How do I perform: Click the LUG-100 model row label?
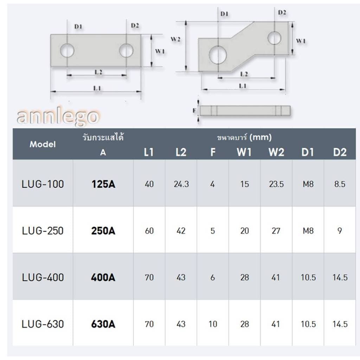tap(43, 184)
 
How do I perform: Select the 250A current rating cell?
tap(103, 231)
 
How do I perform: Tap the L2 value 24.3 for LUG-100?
tap(181, 184)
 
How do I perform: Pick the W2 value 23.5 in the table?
tap(276, 184)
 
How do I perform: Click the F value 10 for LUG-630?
tap(213, 324)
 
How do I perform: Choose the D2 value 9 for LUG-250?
tap(340, 231)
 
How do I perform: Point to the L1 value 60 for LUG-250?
tap(149, 231)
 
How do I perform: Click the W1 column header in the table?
tap(244, 152)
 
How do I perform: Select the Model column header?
tap(43, 144)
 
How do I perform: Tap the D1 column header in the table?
tap(308, 152)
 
